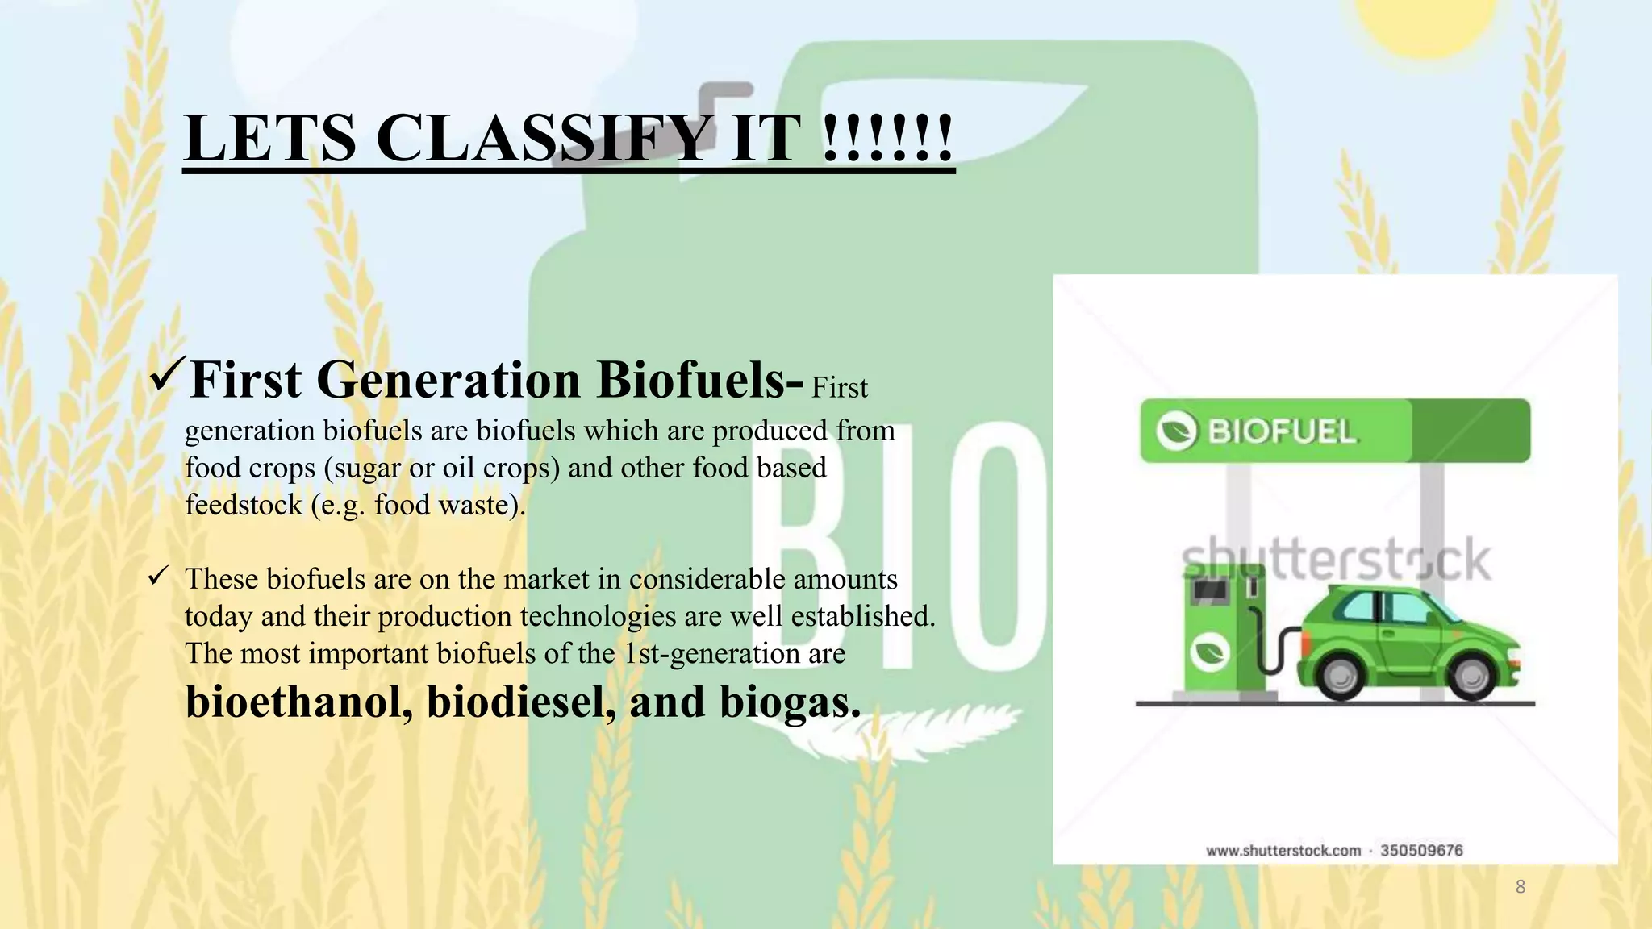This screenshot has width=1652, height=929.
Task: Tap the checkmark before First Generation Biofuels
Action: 168,376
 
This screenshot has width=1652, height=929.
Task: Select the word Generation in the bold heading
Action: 448,379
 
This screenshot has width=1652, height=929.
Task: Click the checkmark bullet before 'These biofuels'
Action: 157,577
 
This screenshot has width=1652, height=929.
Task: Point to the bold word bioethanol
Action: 298,701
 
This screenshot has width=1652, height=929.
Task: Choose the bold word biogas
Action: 790,701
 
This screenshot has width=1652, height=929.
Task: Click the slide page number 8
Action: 1520,887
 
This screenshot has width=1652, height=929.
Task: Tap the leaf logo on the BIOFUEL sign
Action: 1176,431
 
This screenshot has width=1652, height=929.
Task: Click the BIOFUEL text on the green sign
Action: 1282,431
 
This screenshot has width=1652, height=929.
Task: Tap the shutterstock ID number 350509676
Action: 1421,850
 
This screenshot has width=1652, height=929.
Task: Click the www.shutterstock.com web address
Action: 1283,850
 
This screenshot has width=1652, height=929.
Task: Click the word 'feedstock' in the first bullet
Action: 244,505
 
